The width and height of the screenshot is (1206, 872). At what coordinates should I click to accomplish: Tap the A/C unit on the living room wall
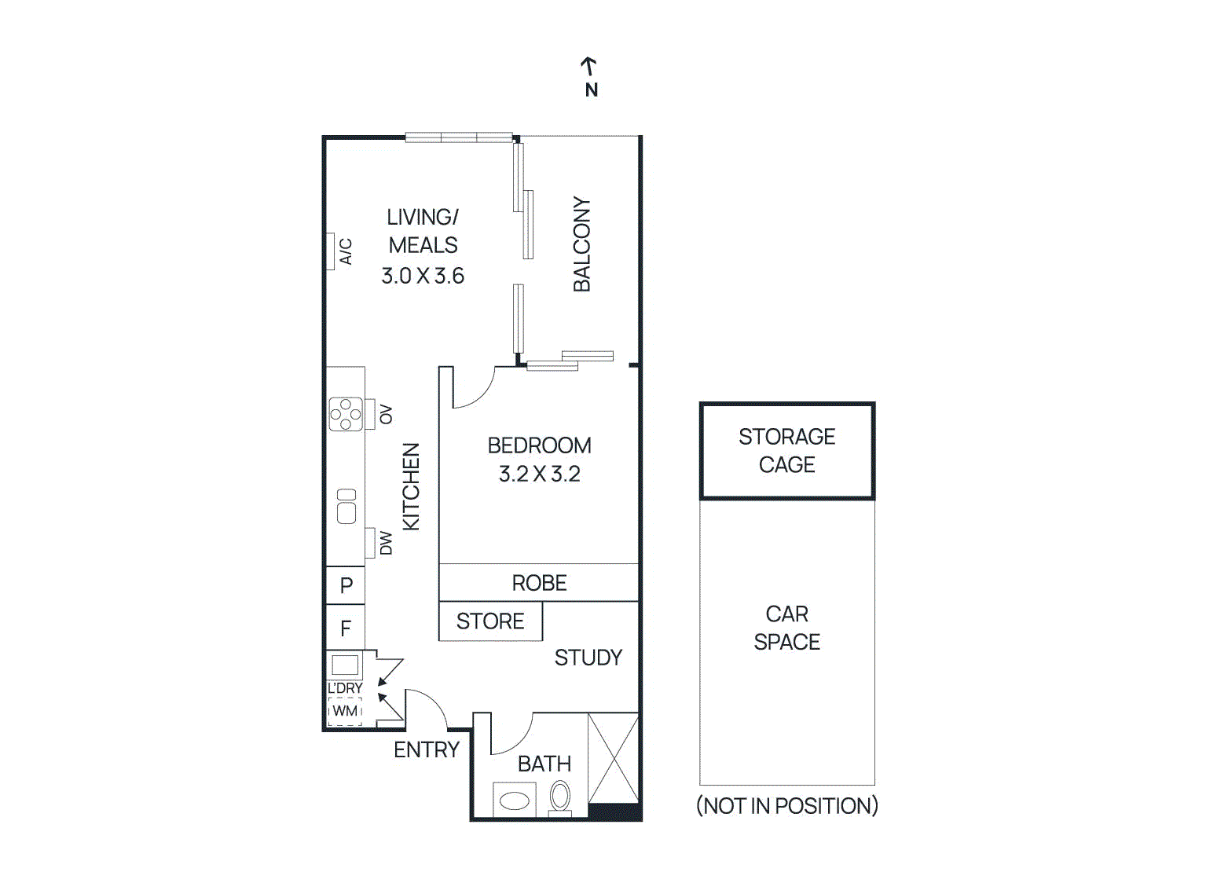click(331, 252)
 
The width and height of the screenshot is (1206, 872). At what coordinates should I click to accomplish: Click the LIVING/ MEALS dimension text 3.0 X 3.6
click(423, 276)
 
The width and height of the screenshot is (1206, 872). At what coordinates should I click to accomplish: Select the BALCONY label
click(581, 244)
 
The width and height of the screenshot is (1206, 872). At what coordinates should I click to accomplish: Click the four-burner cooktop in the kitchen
click(346, 414)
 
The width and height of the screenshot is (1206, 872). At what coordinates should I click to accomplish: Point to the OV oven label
click(386, 414)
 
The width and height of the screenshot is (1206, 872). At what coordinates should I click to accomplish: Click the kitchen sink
click(346, 506)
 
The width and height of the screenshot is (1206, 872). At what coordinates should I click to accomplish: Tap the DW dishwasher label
click(386, 543)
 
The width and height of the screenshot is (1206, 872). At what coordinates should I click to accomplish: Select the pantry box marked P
click(346, 585)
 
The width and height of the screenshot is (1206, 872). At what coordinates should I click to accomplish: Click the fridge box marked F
click(346, 628)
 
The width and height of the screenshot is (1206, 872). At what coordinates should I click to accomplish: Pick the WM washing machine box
click(345, 711)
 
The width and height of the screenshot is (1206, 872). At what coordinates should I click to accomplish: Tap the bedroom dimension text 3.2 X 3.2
click(539, 474)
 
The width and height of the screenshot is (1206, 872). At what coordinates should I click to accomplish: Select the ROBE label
click(539, 583)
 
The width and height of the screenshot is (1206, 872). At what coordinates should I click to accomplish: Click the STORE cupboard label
click(490, 621)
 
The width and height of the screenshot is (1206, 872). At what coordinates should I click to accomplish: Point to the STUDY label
click(588, 658)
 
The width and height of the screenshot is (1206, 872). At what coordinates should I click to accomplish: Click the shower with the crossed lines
click(614, 758)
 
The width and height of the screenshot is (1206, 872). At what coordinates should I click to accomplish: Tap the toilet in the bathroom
click(559, 797)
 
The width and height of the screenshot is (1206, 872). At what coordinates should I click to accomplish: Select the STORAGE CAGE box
click(786, 451)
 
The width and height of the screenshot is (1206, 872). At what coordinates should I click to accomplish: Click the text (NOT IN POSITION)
click(786, 806)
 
